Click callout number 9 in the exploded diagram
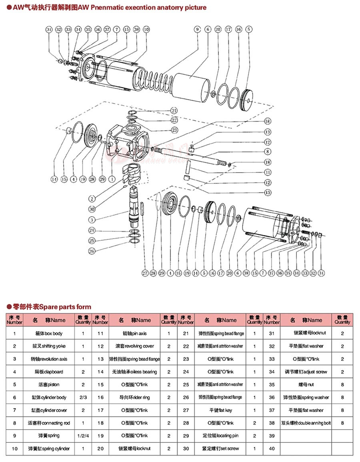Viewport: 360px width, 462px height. pyautogui.click(x=197, y=29)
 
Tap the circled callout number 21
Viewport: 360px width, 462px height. pyautogui.click(x=174, y=110)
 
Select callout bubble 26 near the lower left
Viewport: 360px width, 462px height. pyautogui.click(x=92, y=251)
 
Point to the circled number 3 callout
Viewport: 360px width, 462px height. pyautogui.click(x=92, y=219)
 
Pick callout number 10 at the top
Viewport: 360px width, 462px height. pyautogui.click(x=146, y=29)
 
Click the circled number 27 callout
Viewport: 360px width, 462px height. pyautogui.click(x=145, y=273)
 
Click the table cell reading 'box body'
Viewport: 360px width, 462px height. pyautogui.click(x=49, y=333)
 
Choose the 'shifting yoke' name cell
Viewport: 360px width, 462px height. pyautogui.click(x=49, y=346)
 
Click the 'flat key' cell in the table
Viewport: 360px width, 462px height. pyautogui.click(x=220, y=410)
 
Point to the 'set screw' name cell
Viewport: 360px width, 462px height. pyautogui.click(x=220, y=448)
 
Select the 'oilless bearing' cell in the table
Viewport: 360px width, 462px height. pyautogui.click(x=134, y=372)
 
